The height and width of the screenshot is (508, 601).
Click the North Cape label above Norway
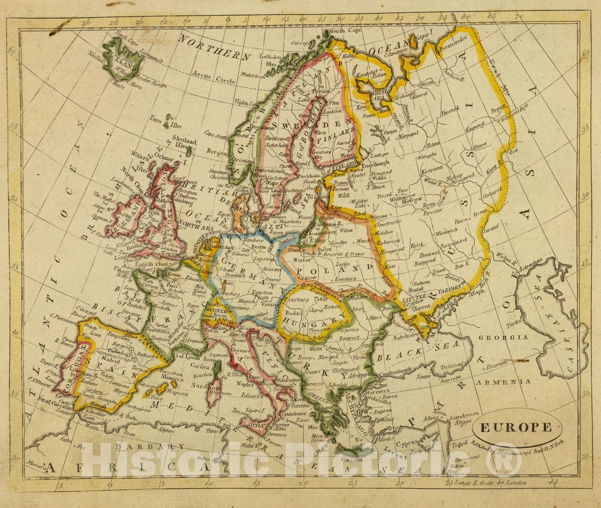coord(342,30)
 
